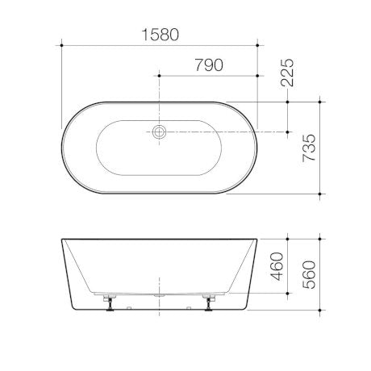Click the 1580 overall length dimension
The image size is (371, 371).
pos(159,35)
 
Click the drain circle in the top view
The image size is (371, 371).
pos(160,131)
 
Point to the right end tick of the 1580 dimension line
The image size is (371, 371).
pos(257,47)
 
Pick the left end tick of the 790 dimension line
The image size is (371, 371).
pos(160,75)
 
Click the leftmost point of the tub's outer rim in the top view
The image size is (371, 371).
pos(61,148)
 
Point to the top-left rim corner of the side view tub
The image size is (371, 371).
pos(62,240)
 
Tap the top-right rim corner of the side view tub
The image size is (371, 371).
pos(257,240)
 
